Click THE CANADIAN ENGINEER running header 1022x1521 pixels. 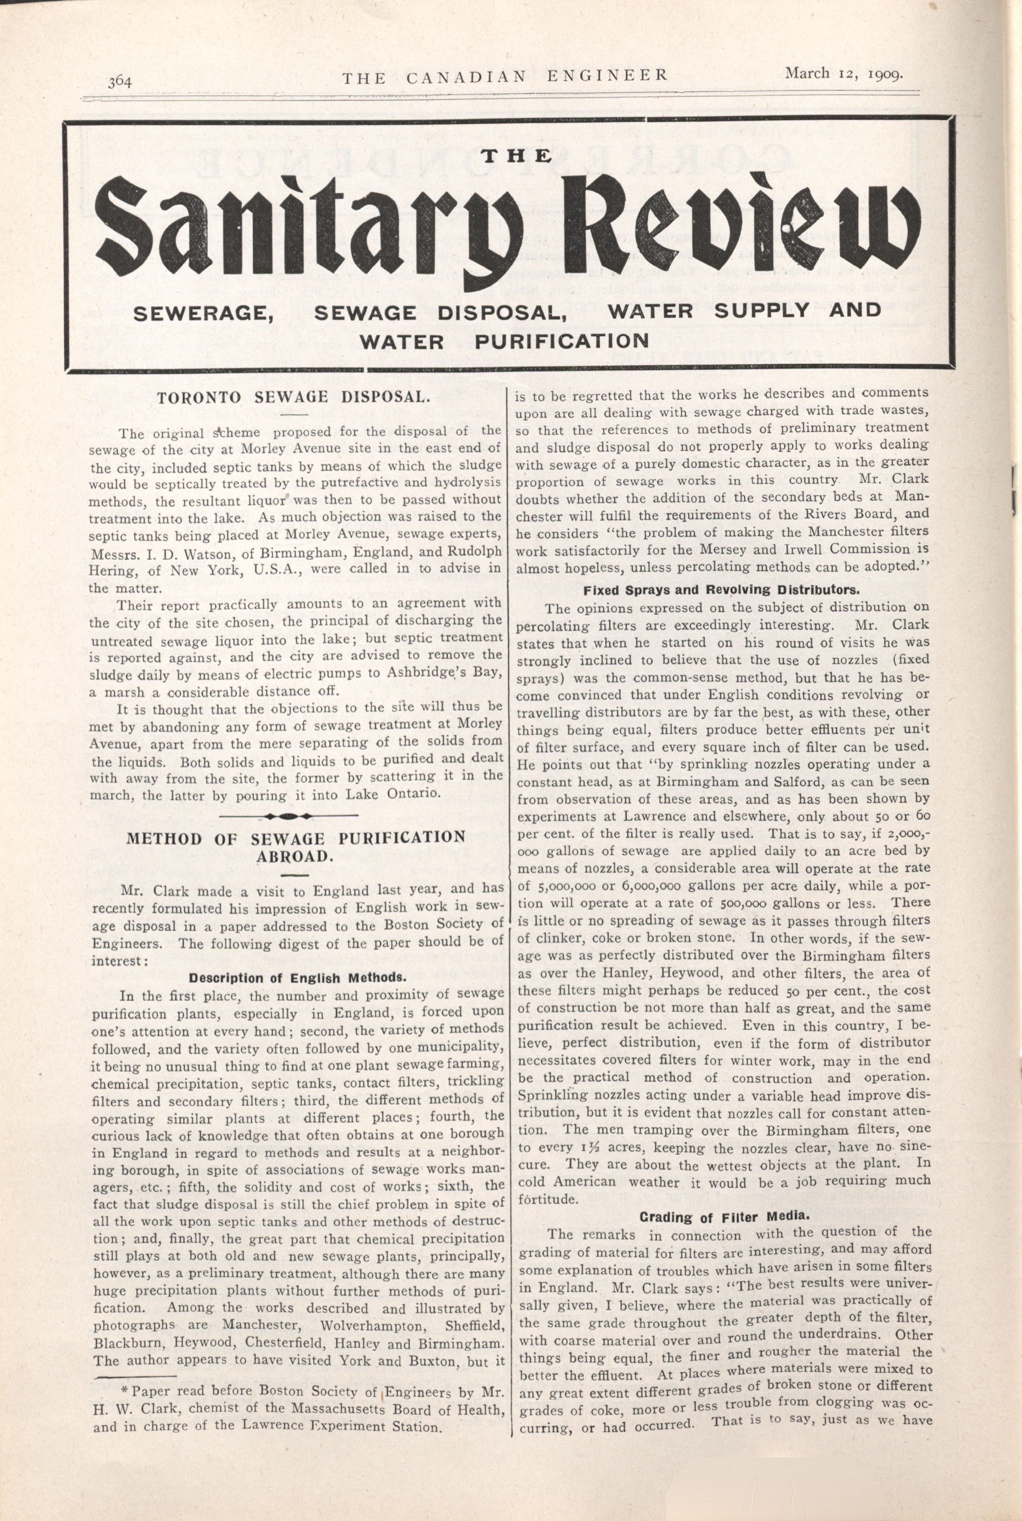point(505,76)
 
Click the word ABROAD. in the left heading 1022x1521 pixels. point(295,856)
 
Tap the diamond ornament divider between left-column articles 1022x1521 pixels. point(288,815)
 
